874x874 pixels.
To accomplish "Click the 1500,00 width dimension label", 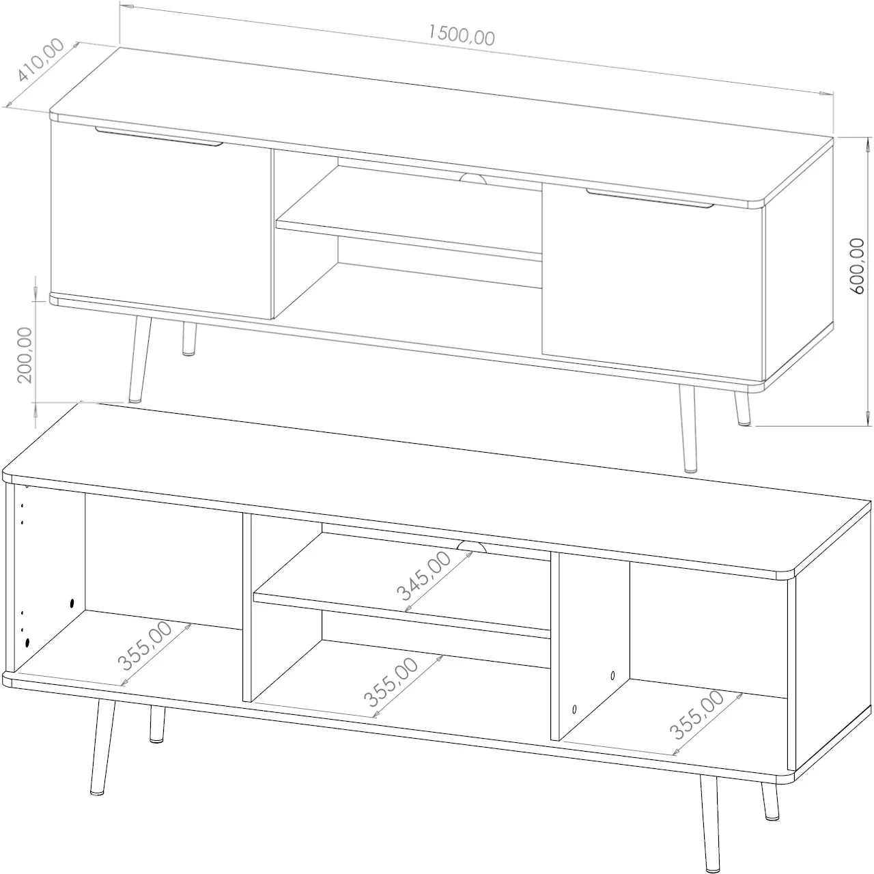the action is [x=461, y=35].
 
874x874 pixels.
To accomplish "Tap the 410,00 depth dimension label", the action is [x=40, y=60].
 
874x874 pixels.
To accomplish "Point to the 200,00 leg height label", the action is [x=25, y=355].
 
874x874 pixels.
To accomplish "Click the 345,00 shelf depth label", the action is [x=423, y=576].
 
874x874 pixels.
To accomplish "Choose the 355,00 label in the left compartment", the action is [x=145, y=646].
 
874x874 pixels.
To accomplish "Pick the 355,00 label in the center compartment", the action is [x=391, y=682].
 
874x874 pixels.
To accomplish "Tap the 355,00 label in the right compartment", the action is [x=696, y=715].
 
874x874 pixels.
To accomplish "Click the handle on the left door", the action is [x=158, y=137].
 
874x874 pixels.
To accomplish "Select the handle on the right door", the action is [x=650, y=199].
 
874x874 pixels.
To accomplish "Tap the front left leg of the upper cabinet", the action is [x=140, y=360].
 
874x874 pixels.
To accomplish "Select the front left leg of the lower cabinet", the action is [x=103, y=746].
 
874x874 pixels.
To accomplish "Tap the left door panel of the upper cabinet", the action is [x=161, y=220].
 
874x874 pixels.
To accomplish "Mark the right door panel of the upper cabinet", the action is [x=653, y=281].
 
